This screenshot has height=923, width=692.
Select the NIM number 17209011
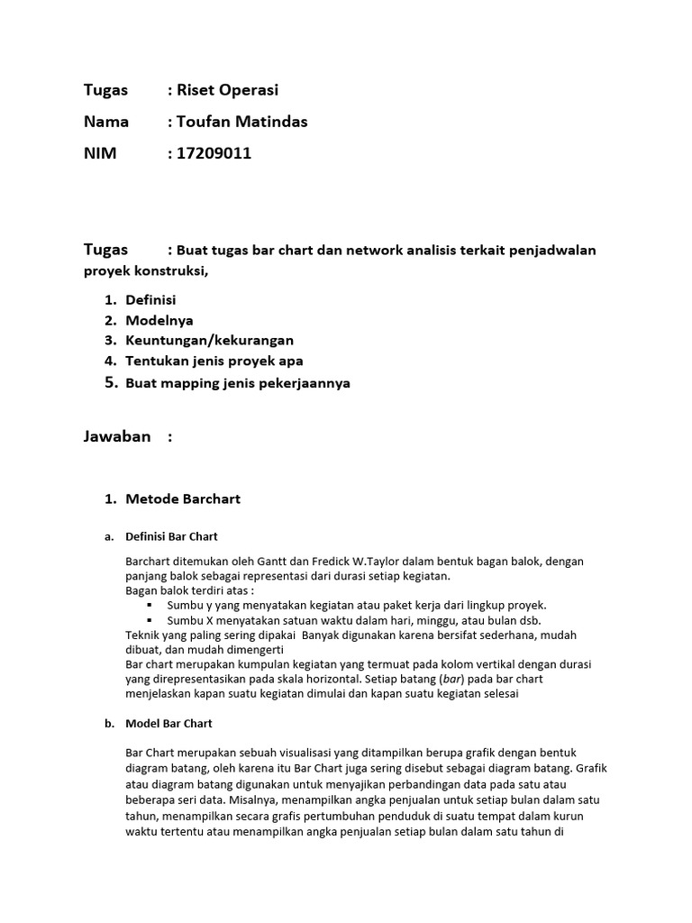(214, 153)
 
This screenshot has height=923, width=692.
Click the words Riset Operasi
(228, 90)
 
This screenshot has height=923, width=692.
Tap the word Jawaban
(117, 437)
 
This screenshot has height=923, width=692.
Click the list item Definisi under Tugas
(150, 299)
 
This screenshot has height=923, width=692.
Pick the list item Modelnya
(159, 320)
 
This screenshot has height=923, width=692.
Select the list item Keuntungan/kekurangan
(209, 341)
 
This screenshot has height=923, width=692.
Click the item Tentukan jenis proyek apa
(214, 361)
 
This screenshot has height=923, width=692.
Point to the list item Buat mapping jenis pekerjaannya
(238, 383)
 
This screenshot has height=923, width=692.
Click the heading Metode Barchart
(183, 498)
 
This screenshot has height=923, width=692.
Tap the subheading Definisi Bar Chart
(171, 536)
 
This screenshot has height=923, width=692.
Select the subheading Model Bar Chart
(168, 723)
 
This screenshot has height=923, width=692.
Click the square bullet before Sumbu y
(149, 605)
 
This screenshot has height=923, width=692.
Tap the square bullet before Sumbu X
(149, 620)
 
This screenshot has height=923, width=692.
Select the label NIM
(100, 153)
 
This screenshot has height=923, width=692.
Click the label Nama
(106, 122)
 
